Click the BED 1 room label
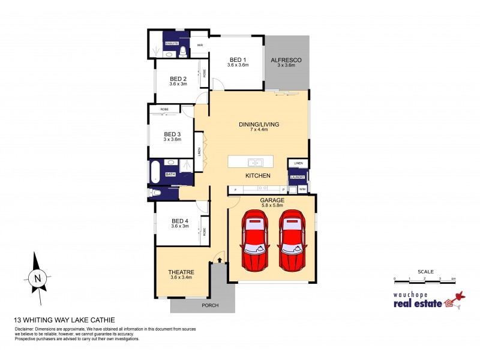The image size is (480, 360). click(238, 60)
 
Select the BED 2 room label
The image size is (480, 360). click(178, 79)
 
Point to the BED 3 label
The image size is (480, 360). click(172, 134)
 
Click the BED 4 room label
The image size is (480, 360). click(180, 221)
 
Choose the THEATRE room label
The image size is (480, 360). click(181, 272)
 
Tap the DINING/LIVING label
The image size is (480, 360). click(259, 125)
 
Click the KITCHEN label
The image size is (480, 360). click(257, 175)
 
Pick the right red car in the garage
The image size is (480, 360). click(293, 240)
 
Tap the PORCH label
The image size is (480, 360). click(210, 305)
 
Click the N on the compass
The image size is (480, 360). click(38, 278)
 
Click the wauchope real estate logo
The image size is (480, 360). click(425, 300)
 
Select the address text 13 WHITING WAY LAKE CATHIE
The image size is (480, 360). click(64, 320)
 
